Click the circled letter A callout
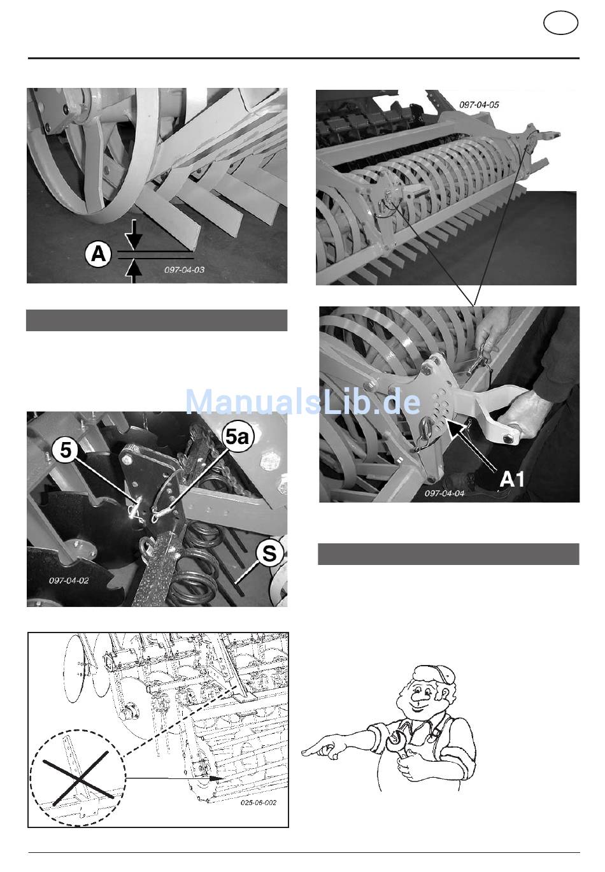point(98,255)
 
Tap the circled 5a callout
point(238,438)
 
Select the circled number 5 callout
point(66,450)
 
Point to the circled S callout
point(269,554)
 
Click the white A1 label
point(511,479)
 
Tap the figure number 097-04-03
point(184,270)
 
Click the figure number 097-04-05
point(479,104)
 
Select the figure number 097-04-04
point(445,493)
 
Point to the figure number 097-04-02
point(69,580)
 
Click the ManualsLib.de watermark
point(303,402)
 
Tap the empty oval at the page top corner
point(560,23)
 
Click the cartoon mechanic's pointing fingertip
point(304,752)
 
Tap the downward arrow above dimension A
point(133,235)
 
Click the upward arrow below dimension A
point(133,272)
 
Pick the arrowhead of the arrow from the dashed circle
point(215,778)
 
